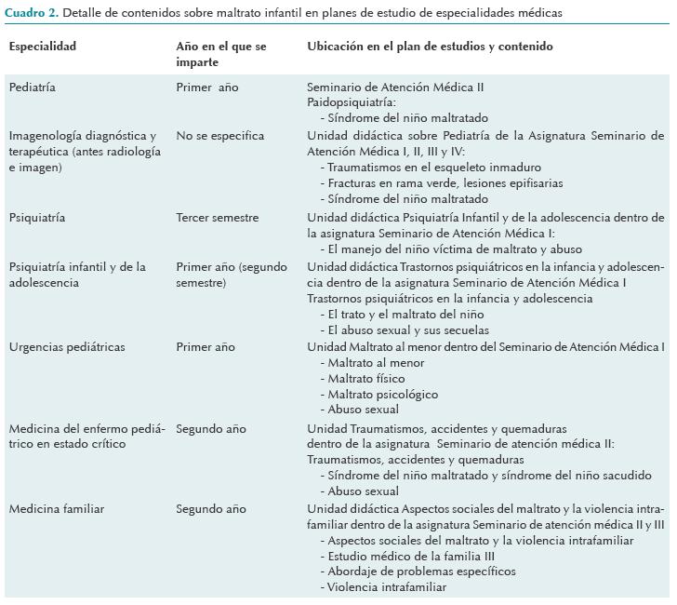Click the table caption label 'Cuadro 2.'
(x=28, y=13)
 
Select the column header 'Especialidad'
(x=43, y=47)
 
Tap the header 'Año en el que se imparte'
(x=220, y=54)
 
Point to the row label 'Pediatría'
(x=33, y=87)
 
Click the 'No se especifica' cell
(x=220, y=136)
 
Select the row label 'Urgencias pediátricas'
(x=67, y=347)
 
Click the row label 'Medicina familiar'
(x=56, y=509)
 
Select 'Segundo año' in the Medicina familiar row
(x=211, y=509)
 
